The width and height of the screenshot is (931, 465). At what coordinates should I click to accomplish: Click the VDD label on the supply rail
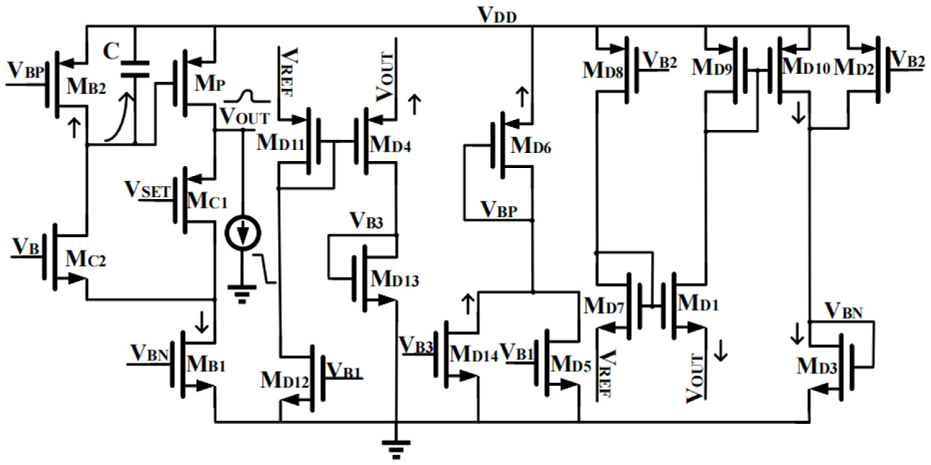[497, 15]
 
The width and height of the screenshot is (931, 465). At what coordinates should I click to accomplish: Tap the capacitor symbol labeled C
[135, 69]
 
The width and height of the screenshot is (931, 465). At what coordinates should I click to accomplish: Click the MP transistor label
[210, 84]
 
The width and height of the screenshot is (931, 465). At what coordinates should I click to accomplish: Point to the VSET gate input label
[147, 190]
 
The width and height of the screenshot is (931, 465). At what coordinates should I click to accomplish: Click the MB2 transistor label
[86, 87]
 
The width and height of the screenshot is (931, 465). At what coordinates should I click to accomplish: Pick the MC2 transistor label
[86, 259]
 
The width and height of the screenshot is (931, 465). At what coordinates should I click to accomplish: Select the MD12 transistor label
[284, 380]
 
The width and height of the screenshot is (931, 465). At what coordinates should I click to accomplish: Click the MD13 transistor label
[395, 279]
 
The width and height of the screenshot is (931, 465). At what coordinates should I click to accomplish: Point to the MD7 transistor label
[603, 306]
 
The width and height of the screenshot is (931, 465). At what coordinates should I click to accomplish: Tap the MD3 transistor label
[817, 366]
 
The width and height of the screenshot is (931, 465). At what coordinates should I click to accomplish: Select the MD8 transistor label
[603, 70]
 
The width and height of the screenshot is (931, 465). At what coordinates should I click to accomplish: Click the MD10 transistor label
[806, 67]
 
